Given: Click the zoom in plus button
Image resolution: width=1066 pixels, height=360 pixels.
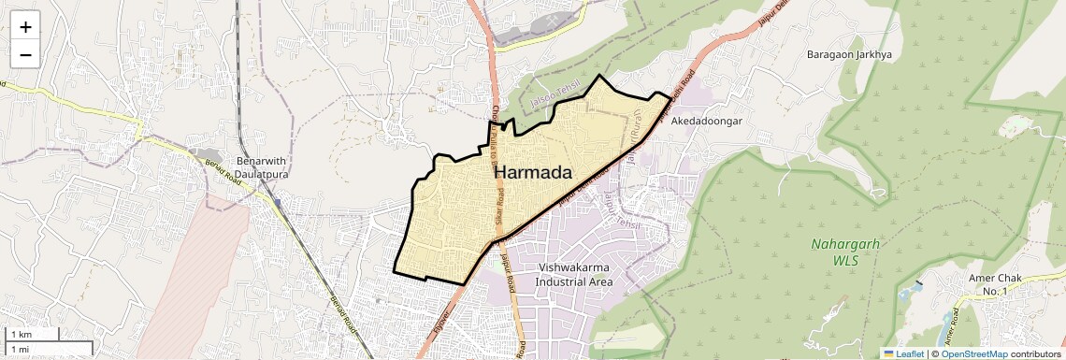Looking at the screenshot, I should click(x=25, y=26).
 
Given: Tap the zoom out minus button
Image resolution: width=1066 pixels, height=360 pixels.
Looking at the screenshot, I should click(x=25, y=54).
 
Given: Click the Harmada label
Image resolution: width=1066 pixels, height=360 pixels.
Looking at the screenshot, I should click(x=532, y=173).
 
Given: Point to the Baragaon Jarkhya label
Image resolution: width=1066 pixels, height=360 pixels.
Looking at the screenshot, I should click(x=849, y=55).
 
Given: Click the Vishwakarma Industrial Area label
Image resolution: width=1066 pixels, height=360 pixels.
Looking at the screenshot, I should click(x=575, y=275).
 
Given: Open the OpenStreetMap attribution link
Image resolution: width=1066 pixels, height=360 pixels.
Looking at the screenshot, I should click(x=973, y=353).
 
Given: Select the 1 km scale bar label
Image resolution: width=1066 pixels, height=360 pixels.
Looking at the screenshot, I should click(x=21, y=335).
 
